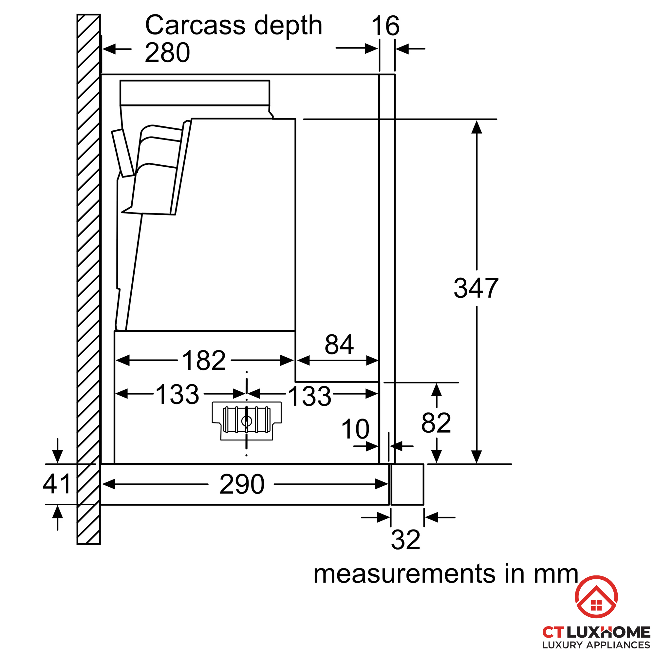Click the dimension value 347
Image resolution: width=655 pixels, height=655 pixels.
click(x=476, y=288)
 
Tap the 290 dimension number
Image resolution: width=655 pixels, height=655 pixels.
click(x=242, y=484)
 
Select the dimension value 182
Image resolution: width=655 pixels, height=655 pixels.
click(x=204, y=360)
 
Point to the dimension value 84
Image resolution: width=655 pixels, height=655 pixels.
click(x=339, y=345)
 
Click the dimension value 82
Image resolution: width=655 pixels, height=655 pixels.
click(x=436, y=423)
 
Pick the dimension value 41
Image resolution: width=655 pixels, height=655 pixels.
click(x=57, y=484)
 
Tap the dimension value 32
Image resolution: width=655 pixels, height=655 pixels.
click(x=405, y=540)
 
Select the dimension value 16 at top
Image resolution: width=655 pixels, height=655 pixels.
click(x=385, y=26)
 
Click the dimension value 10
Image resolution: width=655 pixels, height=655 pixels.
click(x=355, y=429)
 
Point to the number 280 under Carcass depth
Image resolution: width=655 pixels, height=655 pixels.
click(x=167, y=52)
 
